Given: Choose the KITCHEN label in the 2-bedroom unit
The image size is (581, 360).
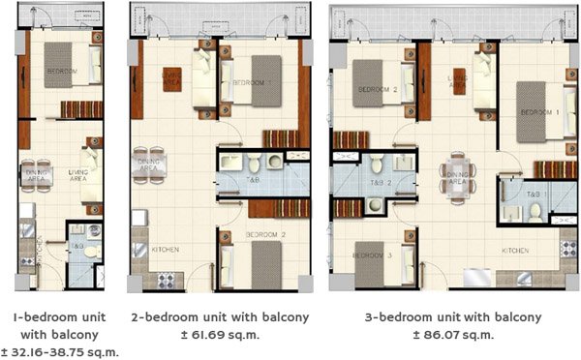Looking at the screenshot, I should [166, 251].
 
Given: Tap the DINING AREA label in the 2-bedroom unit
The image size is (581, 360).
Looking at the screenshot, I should [148, 165].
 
